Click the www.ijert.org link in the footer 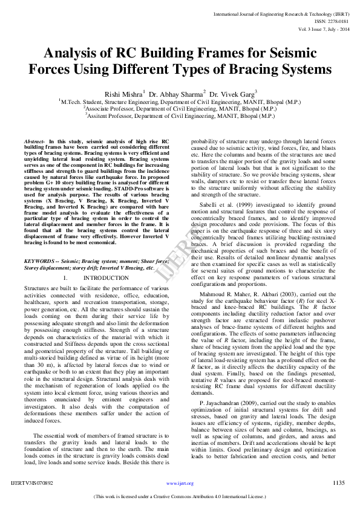pos(180,484)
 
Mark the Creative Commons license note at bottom pos(180,496)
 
